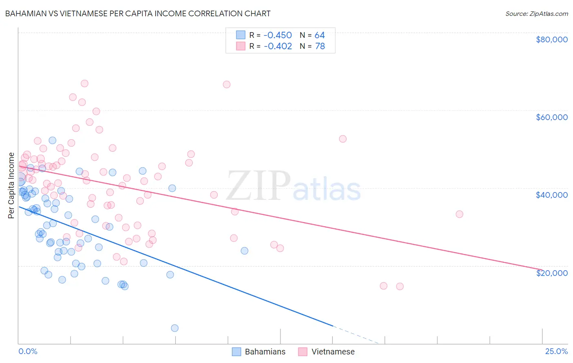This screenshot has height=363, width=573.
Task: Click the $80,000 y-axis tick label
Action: click(x=551, y=39)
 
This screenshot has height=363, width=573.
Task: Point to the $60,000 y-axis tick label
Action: click(x=551, y=117)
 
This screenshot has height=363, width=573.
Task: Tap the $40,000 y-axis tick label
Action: click(x=551, y=195)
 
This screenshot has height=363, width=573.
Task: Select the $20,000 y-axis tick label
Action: click(x=551, y=273)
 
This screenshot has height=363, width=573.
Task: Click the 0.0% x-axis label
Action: click(x=28, y=351)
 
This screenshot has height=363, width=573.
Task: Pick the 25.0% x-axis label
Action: click(x=556, y=351)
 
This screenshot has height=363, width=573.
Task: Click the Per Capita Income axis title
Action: click(x=11, y=185)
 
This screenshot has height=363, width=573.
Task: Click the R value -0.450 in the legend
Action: click(x=278, y=35)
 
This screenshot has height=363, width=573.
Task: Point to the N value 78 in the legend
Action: click(x=320, y=46)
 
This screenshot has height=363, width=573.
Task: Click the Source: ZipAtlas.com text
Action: click(x=536, y=14)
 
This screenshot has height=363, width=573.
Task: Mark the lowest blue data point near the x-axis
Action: click(x=174, y=328)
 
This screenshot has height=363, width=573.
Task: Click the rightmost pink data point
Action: click(x=459, y=214)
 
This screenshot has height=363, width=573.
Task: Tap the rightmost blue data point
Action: click(x=245, y=251)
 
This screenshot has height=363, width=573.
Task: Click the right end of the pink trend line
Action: click(x=541, y=269)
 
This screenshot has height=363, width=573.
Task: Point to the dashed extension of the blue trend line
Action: click(x=359, y=335)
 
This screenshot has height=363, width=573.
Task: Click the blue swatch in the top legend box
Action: click(x=241, y=35)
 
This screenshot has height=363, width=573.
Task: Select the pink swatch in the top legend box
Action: click(x=241, y=46)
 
